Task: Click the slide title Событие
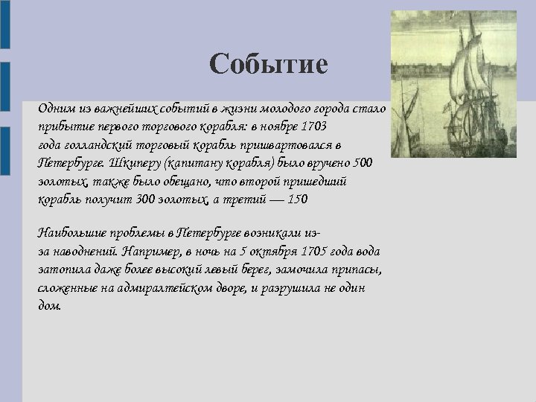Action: [x=268, y=64]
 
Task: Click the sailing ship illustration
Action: [x=453, y=83]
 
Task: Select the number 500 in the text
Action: [x=362, y=162]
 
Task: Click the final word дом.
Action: [x=49, y=305]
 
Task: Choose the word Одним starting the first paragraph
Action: [x=54, y=108]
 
